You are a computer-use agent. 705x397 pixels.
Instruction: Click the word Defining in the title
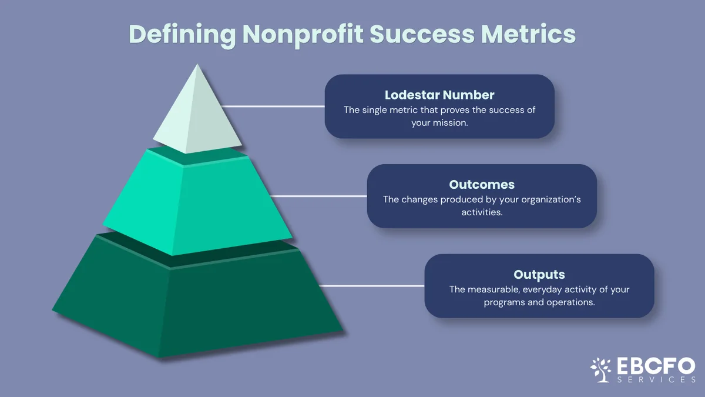(183, 35)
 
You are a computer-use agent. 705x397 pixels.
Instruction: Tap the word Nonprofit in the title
(303, 35)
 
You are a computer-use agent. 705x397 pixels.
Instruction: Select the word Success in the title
(422, 34)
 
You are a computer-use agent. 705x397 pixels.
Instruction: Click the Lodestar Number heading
(439, 95)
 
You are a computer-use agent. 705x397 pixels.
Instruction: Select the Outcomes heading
(482, 185)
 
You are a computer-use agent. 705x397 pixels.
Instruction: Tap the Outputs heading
(539, 275)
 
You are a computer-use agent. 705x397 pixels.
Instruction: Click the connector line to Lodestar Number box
(273, 106)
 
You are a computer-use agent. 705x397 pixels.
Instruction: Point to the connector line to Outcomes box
(318, 196)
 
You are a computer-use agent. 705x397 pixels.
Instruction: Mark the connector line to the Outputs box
(372, 286)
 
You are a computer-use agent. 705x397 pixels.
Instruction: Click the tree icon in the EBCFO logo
(600, 369)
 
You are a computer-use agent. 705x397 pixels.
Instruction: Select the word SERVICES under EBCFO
(656, 379)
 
